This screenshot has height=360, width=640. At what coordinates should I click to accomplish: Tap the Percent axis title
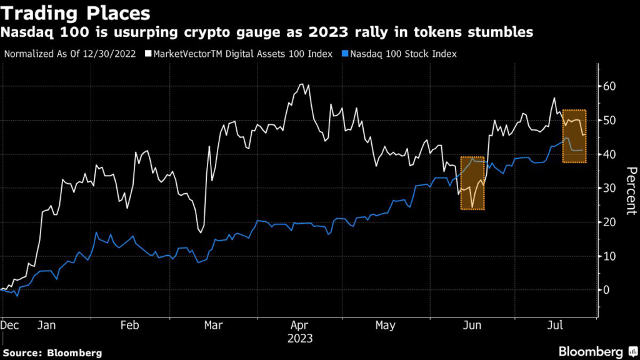pyautogui.click(x=631, y=191)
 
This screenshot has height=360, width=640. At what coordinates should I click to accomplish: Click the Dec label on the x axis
pyautogui.click(x=11, y=326)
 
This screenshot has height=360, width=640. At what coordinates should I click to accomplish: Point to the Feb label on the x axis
pyautogui.click(x=129, y=326)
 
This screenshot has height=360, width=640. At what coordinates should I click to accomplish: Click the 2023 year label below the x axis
pyautogui.click(x=300, y=339)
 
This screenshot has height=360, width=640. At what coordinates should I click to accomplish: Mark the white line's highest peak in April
pyautogui.click(x=302, y=84)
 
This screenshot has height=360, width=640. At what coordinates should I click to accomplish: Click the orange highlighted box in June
pyautogui.click(x=472, y=182)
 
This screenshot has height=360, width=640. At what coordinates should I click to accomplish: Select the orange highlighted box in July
pyautogui.click(x=574, y=136)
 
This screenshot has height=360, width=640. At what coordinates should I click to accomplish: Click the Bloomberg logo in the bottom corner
pyautogui.click(x=590, y=351)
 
